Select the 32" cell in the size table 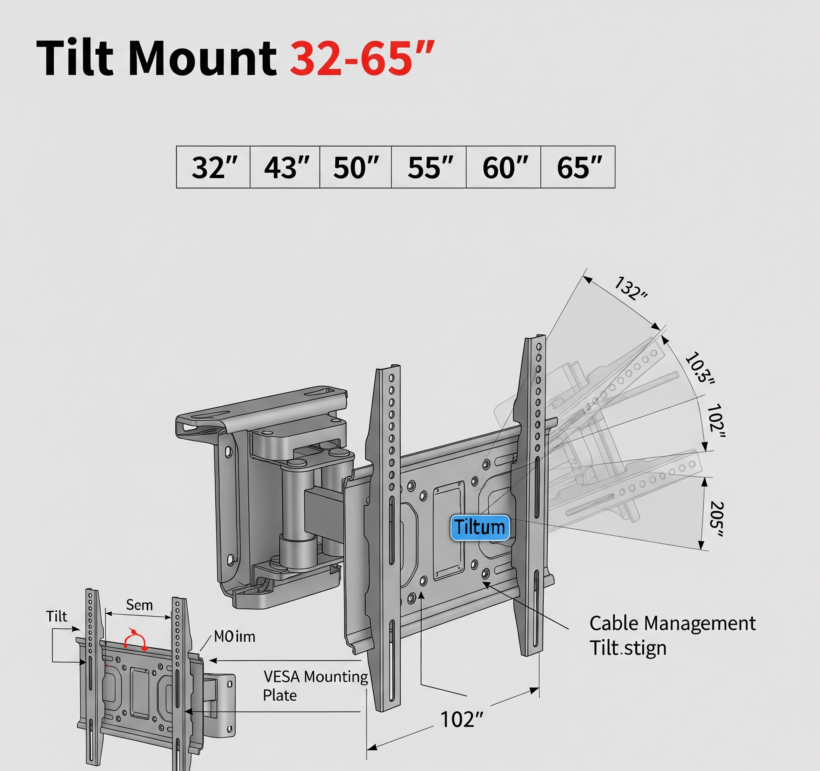[214, 167]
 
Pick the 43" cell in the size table [286, 167]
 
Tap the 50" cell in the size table [355, 167]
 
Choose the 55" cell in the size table [429, 167]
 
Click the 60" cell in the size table [504, 167]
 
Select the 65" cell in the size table [578, 167]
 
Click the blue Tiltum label [480, 528]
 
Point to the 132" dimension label [631, 289]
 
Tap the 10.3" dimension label [700, 368]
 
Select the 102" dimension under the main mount [461, 720]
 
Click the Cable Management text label [672, 624]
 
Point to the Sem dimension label [139, 606]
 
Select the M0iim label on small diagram [234, 637]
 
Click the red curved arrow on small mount [136, 640]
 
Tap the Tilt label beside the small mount [57, 617]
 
